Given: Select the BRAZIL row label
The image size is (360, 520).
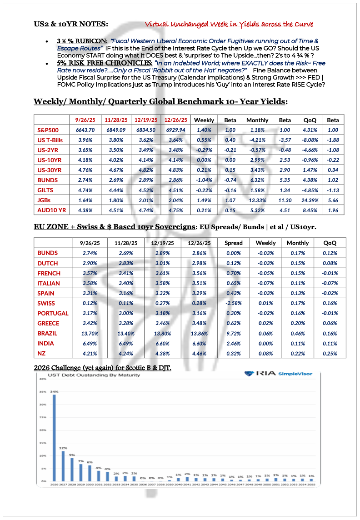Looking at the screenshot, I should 48,333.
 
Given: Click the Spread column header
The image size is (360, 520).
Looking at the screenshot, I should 234,243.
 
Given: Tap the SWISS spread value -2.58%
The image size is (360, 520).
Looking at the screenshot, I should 234,303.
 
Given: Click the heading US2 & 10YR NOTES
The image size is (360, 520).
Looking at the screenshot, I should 71,24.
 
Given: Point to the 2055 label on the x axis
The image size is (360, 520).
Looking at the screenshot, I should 311,485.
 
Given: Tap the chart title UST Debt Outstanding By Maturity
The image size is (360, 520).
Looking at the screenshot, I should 75,375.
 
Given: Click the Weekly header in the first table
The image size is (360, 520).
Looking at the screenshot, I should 204,120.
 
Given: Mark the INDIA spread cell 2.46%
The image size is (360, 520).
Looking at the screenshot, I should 234,343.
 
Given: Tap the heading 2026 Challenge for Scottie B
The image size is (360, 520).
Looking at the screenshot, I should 102,367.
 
